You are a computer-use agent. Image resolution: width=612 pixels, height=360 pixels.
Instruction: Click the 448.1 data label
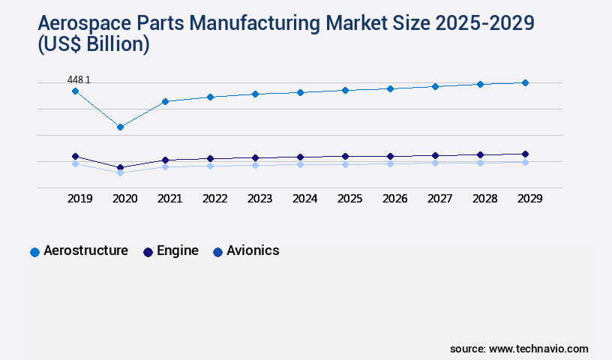tap(79, 79)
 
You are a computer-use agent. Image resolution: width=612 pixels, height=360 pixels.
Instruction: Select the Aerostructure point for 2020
tap(120, 127)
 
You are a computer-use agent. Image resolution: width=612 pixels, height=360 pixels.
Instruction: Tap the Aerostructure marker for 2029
tap(525, 82)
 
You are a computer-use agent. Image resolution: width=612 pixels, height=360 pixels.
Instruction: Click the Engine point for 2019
tap(75, 156)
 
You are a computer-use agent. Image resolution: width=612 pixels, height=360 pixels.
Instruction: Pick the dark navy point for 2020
tap(120, 167)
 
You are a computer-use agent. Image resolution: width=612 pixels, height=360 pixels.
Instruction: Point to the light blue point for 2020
tap(120, 172)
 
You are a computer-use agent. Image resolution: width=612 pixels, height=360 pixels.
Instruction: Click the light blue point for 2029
tap(525, 162)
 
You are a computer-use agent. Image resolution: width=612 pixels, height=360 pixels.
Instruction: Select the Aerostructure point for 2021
tap(165, 101)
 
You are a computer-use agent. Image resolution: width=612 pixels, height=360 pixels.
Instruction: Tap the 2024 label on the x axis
tap(304, 199)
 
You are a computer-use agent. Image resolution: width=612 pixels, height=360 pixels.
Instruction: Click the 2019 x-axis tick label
tap(79, 199)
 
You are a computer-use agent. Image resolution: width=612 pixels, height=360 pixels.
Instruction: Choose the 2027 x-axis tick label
tap(439, 199)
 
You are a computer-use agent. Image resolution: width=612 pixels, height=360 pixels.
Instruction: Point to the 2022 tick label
tap(214, 199)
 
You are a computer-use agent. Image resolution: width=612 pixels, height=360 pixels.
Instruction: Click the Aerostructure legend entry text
tap(85, 250)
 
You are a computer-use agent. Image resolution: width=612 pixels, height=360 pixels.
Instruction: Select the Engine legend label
tap(177, 250)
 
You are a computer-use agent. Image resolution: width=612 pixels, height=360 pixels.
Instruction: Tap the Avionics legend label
tap(253, 250)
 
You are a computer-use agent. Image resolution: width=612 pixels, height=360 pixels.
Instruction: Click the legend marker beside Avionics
tap(217, 252)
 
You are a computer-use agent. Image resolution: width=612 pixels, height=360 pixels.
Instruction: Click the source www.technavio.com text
tap(519, 349)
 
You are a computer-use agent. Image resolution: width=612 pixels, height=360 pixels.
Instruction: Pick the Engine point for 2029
tap(525, 154)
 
